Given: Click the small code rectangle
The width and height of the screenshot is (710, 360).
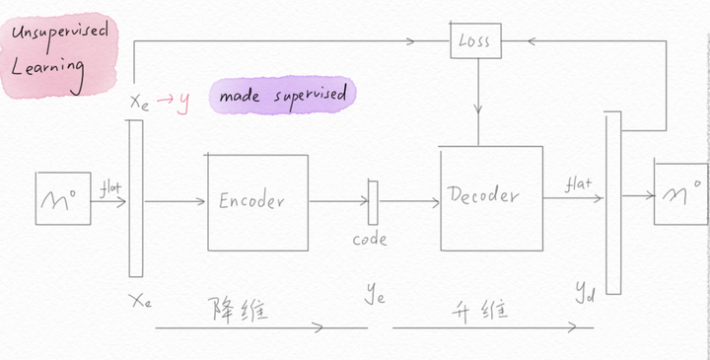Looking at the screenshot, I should coord(373,202).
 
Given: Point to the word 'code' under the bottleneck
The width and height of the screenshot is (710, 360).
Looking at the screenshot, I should coord(370,239).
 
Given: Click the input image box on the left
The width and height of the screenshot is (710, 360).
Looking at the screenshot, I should coord(63,203).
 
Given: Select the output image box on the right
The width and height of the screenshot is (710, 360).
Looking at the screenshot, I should coord(680,193).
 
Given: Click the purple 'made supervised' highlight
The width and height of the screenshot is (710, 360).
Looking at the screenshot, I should coord(283,96).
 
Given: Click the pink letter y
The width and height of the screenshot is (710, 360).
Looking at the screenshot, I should coord(184,100).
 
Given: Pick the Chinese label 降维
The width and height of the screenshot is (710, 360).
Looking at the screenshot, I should coord(238,309).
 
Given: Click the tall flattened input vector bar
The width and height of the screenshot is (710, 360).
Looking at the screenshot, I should coord(135,197).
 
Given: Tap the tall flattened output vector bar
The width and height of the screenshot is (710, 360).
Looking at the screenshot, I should coord(612,202).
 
